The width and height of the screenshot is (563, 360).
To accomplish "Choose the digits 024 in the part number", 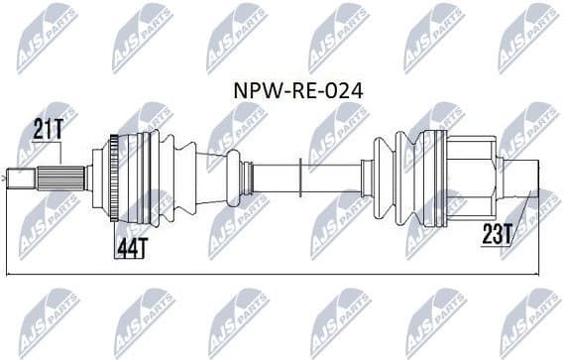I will tap(344, 90).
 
